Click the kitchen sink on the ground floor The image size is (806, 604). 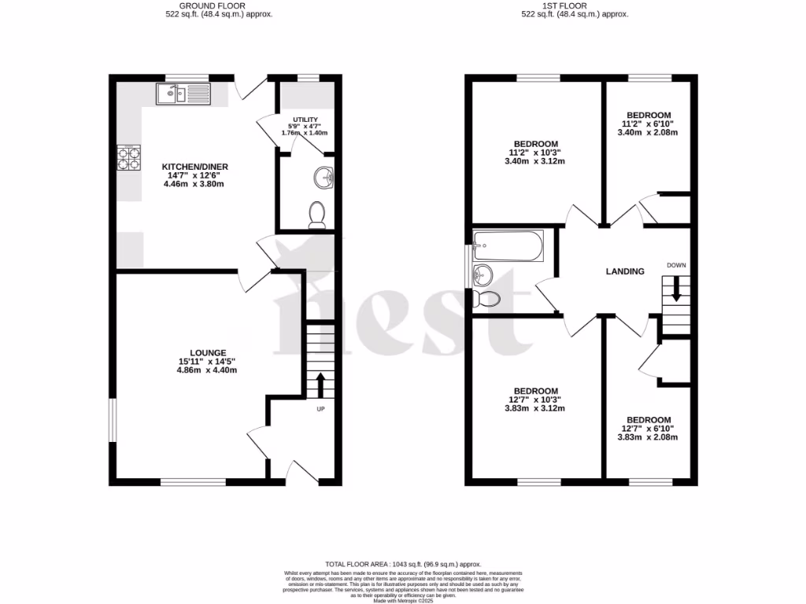(x=183, y=94)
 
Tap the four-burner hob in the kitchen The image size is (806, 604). (x=128, y=158)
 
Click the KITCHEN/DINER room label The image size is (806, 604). (x=192, y=168)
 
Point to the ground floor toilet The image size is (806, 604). (x=317, y=215)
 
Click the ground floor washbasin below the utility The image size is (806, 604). (x=323, y=176)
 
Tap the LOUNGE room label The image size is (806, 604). (x=207, y=353)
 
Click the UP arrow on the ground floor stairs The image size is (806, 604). (x=320, y=386)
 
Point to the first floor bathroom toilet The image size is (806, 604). (x=490, y=300)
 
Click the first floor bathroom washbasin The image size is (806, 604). (x=482, y=274)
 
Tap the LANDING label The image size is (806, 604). (x=625, y=271)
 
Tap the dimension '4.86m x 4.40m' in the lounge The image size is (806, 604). (x=207, y=370)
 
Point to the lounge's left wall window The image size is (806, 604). (x=111, y=422)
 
